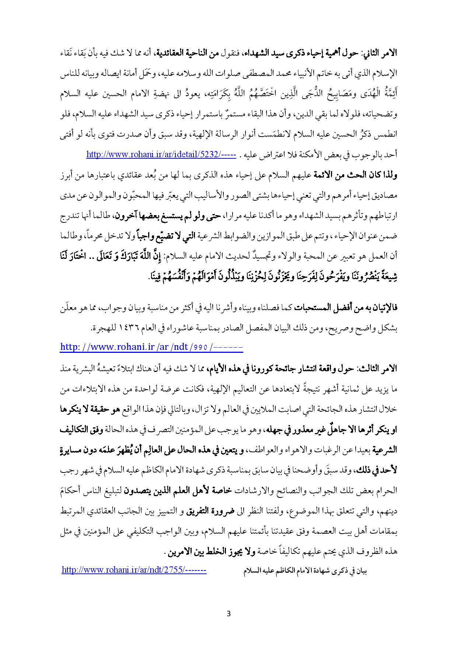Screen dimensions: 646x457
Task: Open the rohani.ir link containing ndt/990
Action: click(x=151, y=347)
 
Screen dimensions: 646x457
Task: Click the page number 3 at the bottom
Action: click(x=228, y=614)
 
